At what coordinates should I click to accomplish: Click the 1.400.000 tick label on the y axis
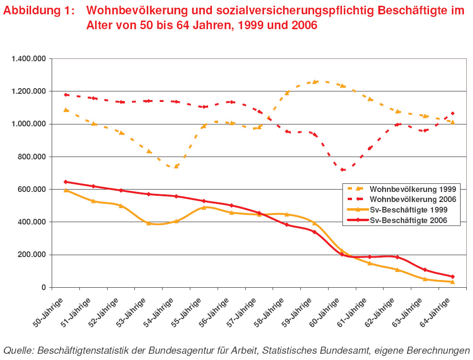click(29, 59)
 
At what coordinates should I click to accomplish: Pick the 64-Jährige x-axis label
click(437, 312)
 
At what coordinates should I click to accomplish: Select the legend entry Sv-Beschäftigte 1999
click(406, 210)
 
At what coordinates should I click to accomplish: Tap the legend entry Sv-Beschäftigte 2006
click(406, 220)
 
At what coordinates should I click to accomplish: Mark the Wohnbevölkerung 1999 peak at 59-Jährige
click(315, 82)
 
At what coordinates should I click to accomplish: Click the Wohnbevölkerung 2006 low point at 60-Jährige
click(342, 170)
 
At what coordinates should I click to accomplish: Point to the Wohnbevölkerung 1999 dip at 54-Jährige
click(176, 166)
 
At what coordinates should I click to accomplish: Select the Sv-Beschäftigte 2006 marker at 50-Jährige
click(66, 182)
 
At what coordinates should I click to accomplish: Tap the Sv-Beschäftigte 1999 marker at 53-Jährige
click(149, 223)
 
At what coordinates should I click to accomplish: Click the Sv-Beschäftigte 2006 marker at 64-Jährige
click(452, 277)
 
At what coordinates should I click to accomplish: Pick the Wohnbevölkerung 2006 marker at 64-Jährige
click(452, 113)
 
